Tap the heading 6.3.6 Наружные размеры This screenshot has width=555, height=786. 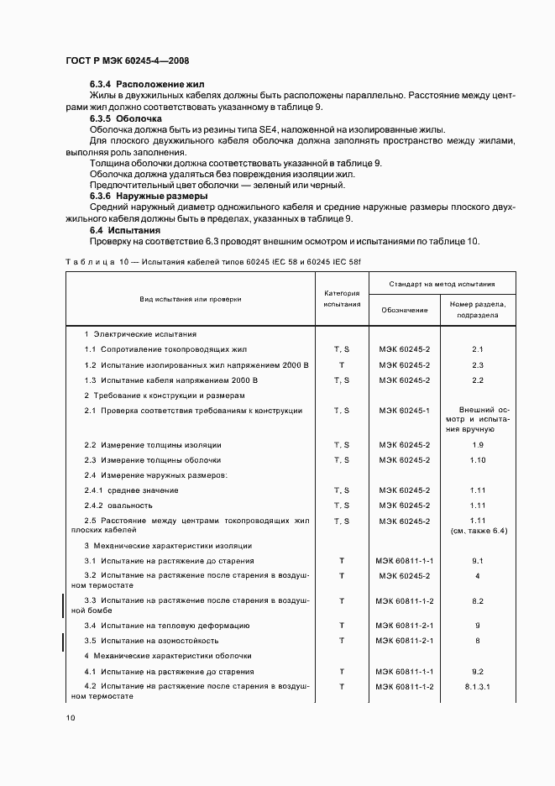click(149, 196)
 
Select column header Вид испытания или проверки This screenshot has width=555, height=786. click(190, 298)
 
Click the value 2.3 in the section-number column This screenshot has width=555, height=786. click(478, 364)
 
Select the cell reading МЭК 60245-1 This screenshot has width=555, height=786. click(404, 411)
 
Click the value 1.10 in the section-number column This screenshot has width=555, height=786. click(478, 459)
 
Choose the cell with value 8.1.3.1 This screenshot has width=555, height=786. click(478, 686)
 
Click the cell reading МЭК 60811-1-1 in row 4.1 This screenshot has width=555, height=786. click(404, 672)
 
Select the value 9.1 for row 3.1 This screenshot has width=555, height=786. click(478, 560)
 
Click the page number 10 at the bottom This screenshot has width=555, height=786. click(71, 718)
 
